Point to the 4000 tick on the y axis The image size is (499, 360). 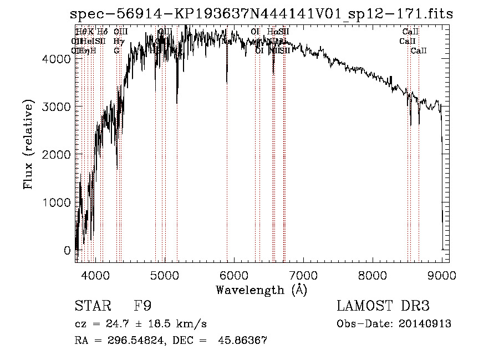[55, 58]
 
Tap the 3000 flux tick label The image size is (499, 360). [55, 106]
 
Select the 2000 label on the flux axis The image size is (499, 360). [55, 154]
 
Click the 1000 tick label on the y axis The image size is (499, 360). [55, 202]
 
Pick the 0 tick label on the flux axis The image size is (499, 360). [67, 251]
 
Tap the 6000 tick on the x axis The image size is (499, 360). [233, 275]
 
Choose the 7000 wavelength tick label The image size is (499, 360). [303, 275]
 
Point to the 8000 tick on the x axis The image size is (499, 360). [372, 275]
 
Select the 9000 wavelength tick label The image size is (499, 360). [441, 275]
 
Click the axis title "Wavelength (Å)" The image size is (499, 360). [261, 290]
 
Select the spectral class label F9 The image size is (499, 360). [143, 306]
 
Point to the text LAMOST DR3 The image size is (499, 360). [383, 306]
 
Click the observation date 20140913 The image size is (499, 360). [426, 324]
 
